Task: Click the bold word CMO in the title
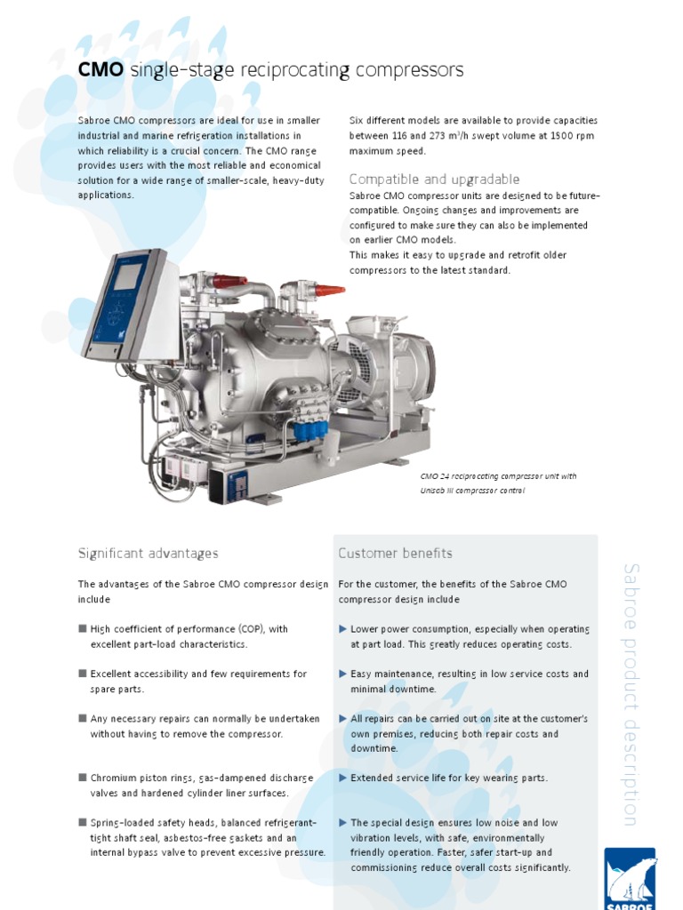100,70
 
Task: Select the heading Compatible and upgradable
434,180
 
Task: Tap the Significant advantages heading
148,554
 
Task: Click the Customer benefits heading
395,554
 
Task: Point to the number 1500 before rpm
534,136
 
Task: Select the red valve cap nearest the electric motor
329,290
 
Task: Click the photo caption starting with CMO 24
498,483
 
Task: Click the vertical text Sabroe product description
630,693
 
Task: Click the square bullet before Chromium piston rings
83,778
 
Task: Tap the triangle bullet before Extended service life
343,778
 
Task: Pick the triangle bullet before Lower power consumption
343,629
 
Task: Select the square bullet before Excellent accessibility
83,674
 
